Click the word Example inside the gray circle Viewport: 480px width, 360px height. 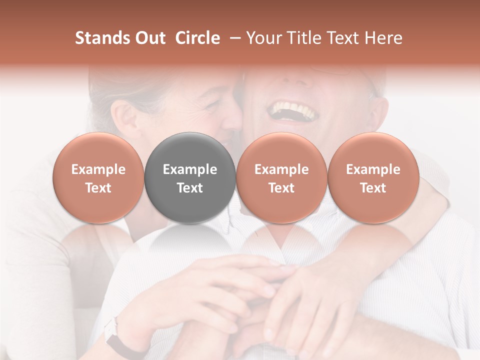[190, 169]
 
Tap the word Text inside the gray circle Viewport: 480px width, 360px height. [190, 188]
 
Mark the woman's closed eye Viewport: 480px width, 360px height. [212, 105]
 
